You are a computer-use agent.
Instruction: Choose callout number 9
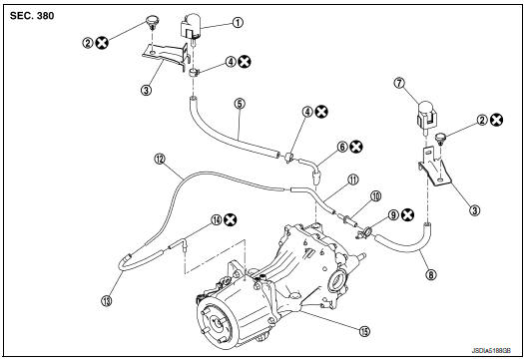(x=394, y=213)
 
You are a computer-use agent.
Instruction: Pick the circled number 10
(x=377, y=195)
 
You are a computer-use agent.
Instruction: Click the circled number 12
(x=159, y=159)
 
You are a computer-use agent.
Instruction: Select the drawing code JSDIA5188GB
(x=490, y=352)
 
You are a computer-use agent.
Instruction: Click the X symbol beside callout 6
(x=356, y=146)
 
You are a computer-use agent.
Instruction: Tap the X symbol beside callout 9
(x=410, y=213)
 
